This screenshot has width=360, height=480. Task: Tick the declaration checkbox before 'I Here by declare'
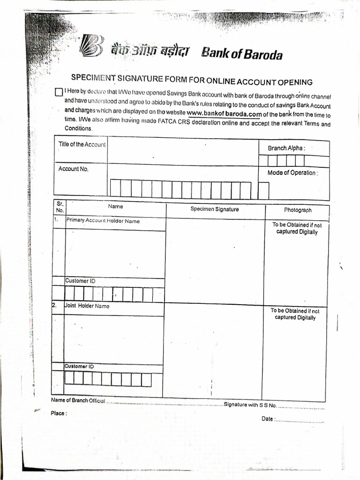pos(59,92)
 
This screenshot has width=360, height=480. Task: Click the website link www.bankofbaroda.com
pos(224,113)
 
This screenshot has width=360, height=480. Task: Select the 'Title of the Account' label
pos(82,144)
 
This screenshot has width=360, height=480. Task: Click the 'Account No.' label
pos(73,169)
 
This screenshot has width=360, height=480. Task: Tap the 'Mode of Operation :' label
pos(292,172)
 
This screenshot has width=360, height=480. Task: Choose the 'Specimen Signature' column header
pos(214,209)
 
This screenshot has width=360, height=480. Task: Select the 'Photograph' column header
pos(297,210)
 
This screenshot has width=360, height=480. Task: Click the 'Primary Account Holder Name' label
pos(103,221)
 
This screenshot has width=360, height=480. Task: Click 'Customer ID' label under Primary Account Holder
pos(77,281)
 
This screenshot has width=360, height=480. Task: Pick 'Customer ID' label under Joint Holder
pos(79,366)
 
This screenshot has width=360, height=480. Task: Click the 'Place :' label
pos(59,413)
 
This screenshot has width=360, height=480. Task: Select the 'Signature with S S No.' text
pos(250,405)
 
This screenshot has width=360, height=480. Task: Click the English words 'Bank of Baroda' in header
pos(242,55)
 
